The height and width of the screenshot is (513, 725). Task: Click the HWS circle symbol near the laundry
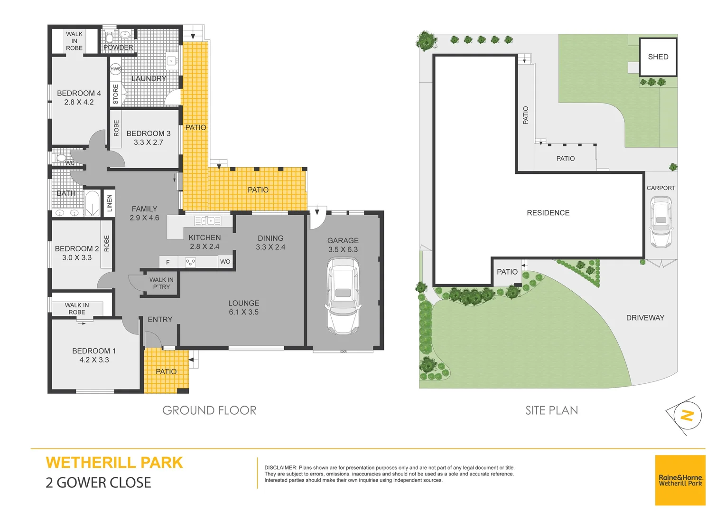coord(115,69)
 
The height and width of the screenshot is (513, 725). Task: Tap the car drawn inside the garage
coord(343,296)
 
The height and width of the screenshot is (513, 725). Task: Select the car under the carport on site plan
coord(660,222)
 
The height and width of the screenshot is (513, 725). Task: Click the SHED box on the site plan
coord(658,57)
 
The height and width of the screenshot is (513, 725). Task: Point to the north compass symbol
coord(686,416)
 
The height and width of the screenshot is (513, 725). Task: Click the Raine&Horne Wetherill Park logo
coord(680,480)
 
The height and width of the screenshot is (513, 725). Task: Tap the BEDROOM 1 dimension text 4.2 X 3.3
coord(94,360)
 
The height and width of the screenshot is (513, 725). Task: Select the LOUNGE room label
coord(243,303)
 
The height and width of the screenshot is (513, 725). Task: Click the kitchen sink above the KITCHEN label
coord(208,220)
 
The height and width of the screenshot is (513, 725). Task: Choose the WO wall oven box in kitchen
coord(225,262)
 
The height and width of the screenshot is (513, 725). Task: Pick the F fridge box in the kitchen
coord(168,262)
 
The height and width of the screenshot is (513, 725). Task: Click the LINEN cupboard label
coord(109,203)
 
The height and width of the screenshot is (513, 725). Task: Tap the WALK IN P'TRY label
coord(161,283)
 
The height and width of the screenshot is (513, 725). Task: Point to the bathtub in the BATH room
coord(92,203)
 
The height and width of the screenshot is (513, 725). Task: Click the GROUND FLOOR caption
coord(209,410)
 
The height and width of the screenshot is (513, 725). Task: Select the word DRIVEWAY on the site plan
coord(645,318)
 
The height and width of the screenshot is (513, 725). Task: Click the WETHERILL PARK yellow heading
coord(114,463)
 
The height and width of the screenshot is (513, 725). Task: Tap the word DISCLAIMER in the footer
coord(280,468)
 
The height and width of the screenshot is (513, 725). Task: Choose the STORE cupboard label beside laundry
coord(116,94)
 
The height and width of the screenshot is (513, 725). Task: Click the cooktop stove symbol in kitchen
coord(190,262)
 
